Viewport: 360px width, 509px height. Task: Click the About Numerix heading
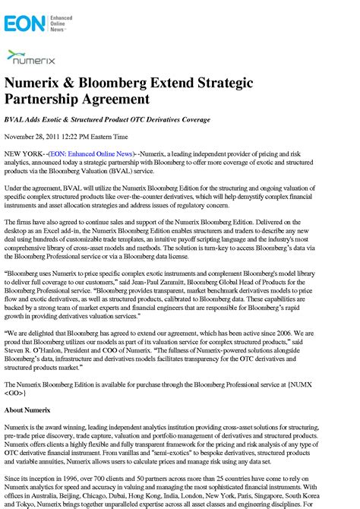(30, 410)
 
